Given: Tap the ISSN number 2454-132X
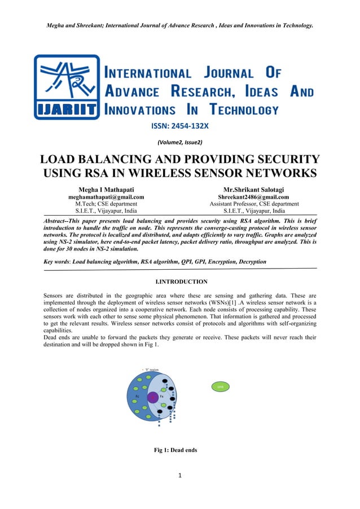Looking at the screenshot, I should [x=180, y=127].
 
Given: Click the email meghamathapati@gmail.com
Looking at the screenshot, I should [x=106, y=196].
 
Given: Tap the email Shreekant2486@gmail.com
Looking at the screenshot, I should [x=254, y=196].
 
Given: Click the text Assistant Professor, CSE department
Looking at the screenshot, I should [x=254, y=204].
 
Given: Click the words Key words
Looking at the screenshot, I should [x=57, y=262].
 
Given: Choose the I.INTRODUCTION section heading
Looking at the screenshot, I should [x=180, y=281].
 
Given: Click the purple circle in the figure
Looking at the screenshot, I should [x=153, y=397].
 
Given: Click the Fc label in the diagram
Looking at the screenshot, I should [x=137, y=396].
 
